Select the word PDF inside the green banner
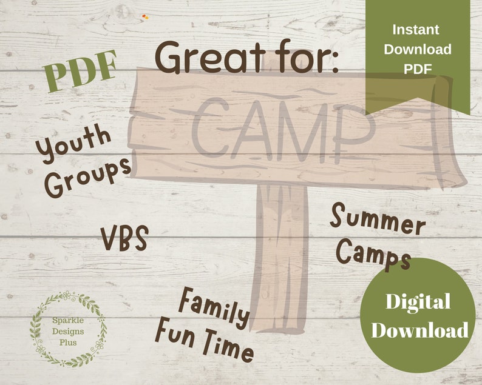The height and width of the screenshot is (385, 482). [418, 69]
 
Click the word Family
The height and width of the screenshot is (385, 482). [214, 308]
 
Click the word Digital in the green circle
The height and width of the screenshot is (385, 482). [418, 302]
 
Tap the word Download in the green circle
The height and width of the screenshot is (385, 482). [419, 330]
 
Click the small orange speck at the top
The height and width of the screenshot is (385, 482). [144, 17]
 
